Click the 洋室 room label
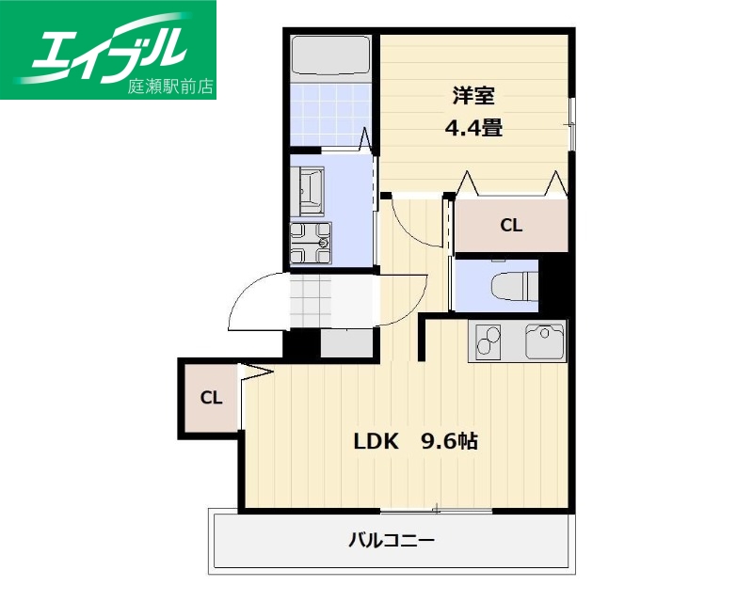[473, 96]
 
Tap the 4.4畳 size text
[473, 128]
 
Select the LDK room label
[377, 440]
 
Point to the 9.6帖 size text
[449, 440]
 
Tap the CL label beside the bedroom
[511, 226]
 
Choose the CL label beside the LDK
[211, 398]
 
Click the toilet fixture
[514, 284]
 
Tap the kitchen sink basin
[545, 341]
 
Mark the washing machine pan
[311, 241]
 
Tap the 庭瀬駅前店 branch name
[170, 87]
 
